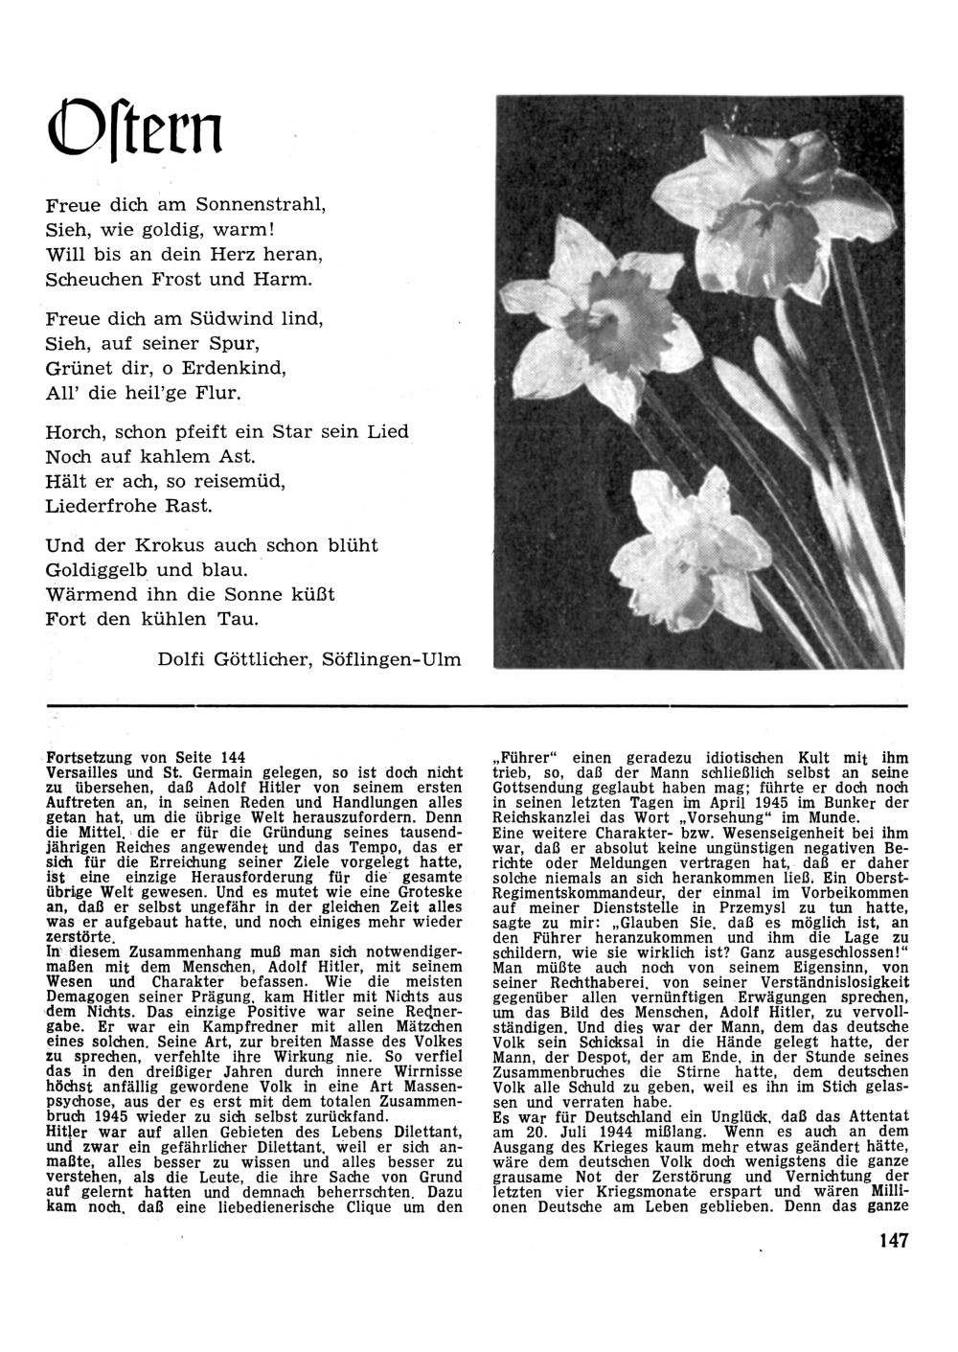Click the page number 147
pos(892,1241)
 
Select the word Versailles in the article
pos(87,772)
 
